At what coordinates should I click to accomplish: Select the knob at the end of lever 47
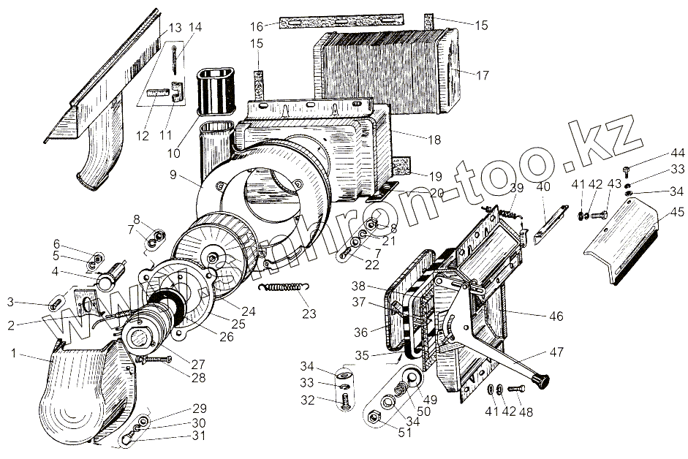click(x=543, y=379)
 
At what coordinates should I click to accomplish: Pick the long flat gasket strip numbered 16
click(x=341, y=22)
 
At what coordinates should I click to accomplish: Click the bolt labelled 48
click(x=516, y=388)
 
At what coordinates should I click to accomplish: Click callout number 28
click(x=198, y=378)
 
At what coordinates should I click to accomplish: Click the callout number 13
click(x=174, y=28)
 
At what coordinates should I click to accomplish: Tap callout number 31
click(x=199, y=438)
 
